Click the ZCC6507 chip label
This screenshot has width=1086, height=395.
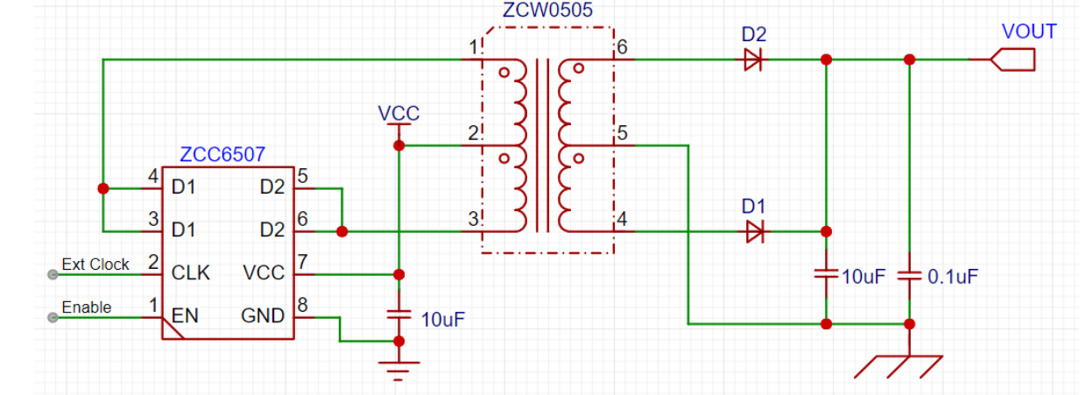pos(222,155)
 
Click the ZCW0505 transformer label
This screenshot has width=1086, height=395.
pos(547,11)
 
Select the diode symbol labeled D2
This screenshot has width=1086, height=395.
pos(752,60)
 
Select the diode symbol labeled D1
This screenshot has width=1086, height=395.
pos(753,232)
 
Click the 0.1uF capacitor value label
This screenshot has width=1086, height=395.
pos(953,277)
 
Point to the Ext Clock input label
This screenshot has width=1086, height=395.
pos(95,264)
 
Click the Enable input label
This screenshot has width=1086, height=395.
pos(87,307)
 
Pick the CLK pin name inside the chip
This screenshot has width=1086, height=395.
pos(191,273)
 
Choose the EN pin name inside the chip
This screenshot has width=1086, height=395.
pos(184,315)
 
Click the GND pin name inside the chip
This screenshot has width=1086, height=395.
pos(263,315)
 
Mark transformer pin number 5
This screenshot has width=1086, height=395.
pos(623,134)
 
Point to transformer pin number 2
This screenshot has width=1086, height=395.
pos(473,134)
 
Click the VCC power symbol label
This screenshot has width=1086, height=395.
pos(398,114)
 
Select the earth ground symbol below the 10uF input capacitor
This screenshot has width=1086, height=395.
pos(398,370)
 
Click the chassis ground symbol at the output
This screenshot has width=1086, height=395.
pos(902,366)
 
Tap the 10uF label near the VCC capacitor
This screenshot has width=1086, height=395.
pos(442,319)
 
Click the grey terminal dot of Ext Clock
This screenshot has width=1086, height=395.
pos(53,274)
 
